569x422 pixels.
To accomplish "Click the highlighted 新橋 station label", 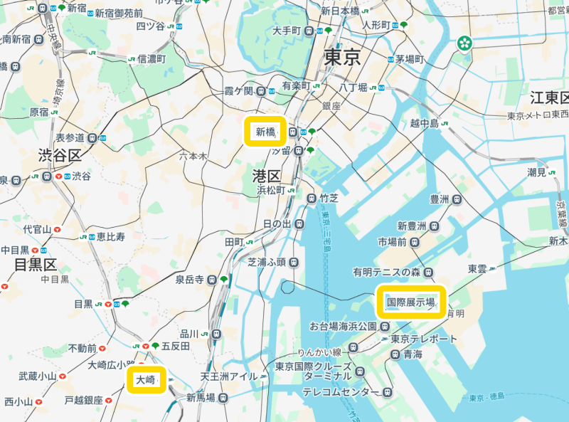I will tap(265, 132).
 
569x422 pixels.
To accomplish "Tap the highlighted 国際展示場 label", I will tap(410, 302).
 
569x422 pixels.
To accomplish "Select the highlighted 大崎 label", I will tap(145, 380).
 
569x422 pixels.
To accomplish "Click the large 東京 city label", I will tap(344, 58).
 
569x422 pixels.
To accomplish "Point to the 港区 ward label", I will tap(267, 176).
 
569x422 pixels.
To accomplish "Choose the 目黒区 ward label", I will tap(36, 265).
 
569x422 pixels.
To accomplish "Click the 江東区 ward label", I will tap(550, 97).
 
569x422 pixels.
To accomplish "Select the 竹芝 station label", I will tap(329, 199).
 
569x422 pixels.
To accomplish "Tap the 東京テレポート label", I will tap(424, 339).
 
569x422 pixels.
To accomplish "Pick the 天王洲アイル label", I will tap(228, 376).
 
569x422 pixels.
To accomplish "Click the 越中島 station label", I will tap(425, 123).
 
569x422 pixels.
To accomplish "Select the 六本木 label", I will tap(193, 156).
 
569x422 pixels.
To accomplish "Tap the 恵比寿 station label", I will tap(112, 236).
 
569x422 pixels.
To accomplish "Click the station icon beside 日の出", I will tap(299, 224).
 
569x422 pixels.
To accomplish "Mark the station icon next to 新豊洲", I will tap(433, 226).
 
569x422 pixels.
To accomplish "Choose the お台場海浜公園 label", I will tap(343, 327).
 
